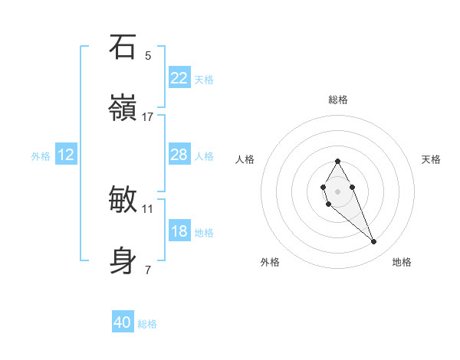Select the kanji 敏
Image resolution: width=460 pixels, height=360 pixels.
(x=123, y=200)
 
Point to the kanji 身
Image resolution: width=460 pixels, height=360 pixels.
(x=123, y=260)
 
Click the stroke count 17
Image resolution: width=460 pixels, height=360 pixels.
(x=148, y=117)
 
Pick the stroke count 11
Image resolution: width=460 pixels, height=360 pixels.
(x=148, y=208)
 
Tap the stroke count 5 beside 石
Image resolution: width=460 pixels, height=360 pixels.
(x=148, y=56)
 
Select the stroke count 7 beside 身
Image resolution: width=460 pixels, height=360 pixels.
(x=148, y=270)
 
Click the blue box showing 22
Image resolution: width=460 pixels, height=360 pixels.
(x=179, y=78)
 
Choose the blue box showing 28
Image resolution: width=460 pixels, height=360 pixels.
(x=179, y=155)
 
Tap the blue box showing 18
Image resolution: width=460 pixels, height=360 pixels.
(x=179, y=231)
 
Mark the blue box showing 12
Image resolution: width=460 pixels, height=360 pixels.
(x=66, y=155)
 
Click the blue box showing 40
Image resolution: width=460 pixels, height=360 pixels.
(x=123, y=323)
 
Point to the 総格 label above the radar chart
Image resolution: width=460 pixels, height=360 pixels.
(x=338, y=100)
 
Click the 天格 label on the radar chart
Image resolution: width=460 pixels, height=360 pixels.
(x=432, y=159)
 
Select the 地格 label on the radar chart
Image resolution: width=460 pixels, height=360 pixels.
(x=402, y=262)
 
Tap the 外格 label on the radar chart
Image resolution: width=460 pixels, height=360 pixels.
(x=270, y=262)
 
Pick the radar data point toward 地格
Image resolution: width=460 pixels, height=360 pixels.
(x=374, y=242)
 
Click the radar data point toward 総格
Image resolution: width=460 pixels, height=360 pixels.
(x=337, y=161)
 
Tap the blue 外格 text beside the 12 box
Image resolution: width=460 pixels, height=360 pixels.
(x=41, y=155)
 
